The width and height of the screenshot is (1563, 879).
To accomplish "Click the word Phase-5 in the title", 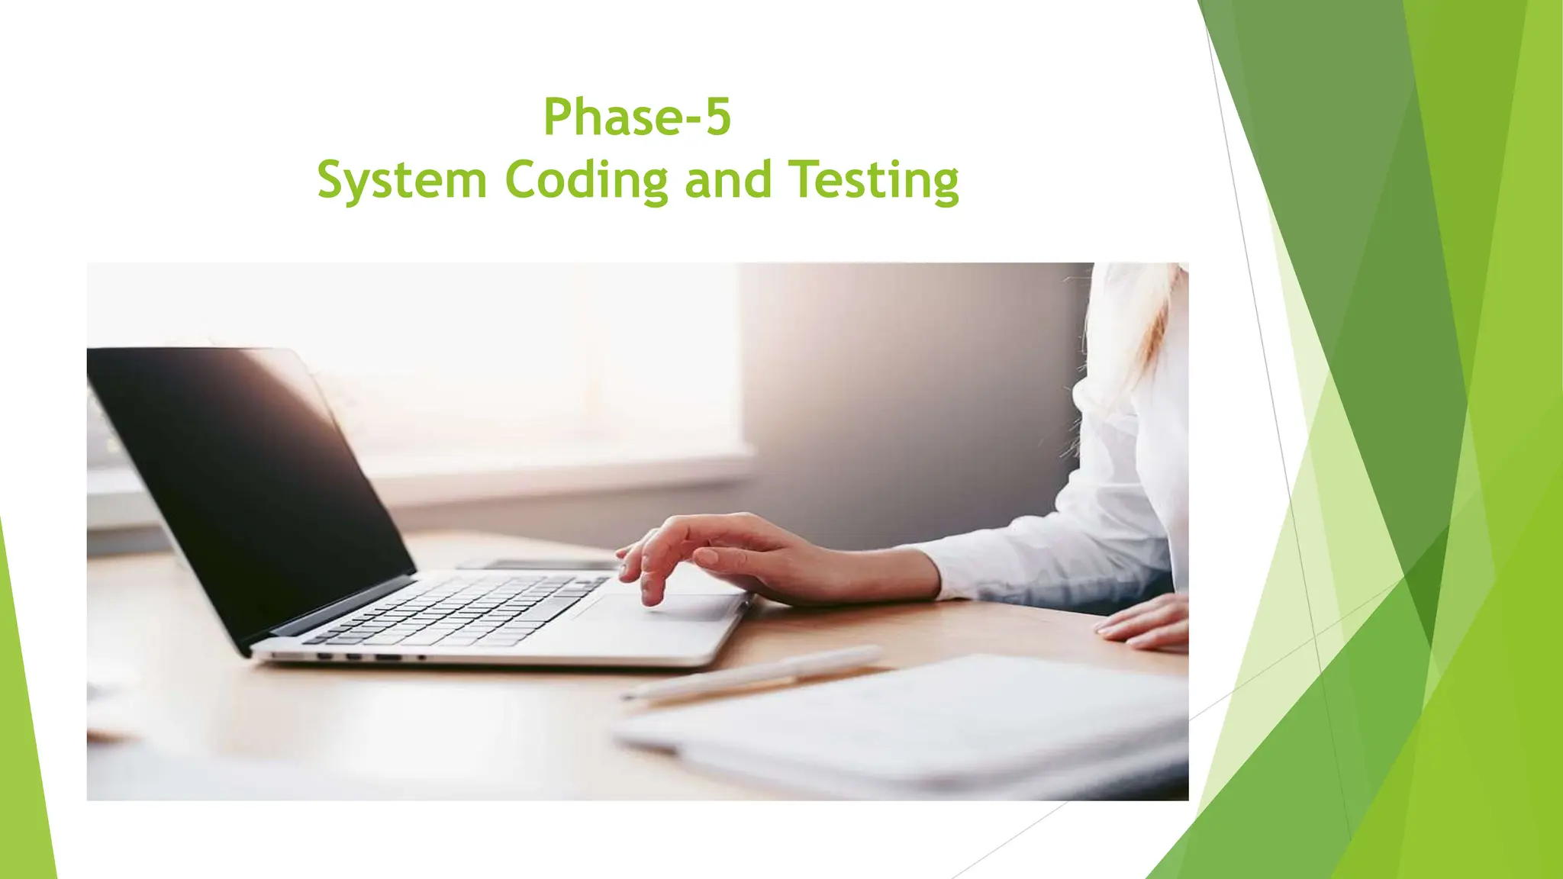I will pyautogui.click(x=636, y=118).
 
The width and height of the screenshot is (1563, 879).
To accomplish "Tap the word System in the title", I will pyautogui.click(x=401, y=180).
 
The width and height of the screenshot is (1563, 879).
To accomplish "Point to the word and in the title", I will pyautogui.click(x=727, y=180).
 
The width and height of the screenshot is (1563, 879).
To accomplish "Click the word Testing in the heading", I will pyautogui.click(x=873, y=182).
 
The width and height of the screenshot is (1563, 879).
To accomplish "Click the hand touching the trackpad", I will pyautogui.click(x=733, y=553).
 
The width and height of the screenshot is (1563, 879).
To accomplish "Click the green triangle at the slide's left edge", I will pyautogui.click(x=27, y=725).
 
